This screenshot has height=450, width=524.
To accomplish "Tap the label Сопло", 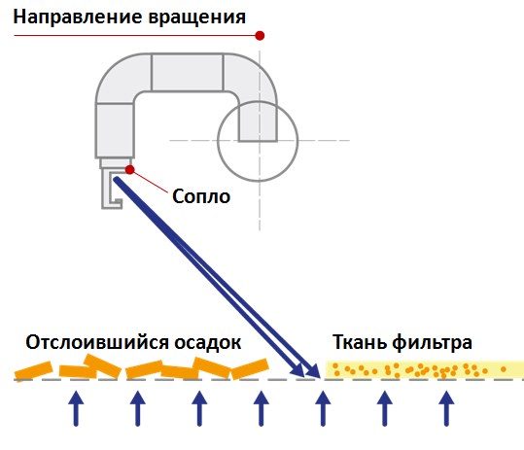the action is point(201,196).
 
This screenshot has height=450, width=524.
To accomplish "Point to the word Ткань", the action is point(360,342).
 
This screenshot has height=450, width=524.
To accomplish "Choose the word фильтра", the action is point(433,343).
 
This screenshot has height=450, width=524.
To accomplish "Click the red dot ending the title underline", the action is point(260,35).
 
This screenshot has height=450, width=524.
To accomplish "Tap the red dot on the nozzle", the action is point(129,170).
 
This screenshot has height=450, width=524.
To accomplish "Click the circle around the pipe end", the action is point(218,141).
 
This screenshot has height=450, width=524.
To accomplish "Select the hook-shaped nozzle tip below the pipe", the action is point(104,190).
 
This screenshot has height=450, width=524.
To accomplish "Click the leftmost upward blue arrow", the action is point(76,408).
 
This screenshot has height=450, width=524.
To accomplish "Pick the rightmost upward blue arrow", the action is point(446,408).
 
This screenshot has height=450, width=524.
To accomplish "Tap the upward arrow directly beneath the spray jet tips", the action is point(323,408).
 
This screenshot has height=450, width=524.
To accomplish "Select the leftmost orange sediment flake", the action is point(33,370).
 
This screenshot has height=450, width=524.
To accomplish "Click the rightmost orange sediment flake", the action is point(250,368).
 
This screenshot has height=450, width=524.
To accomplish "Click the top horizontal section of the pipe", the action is point(187,72).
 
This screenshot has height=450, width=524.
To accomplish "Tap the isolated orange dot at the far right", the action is point(504,369).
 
